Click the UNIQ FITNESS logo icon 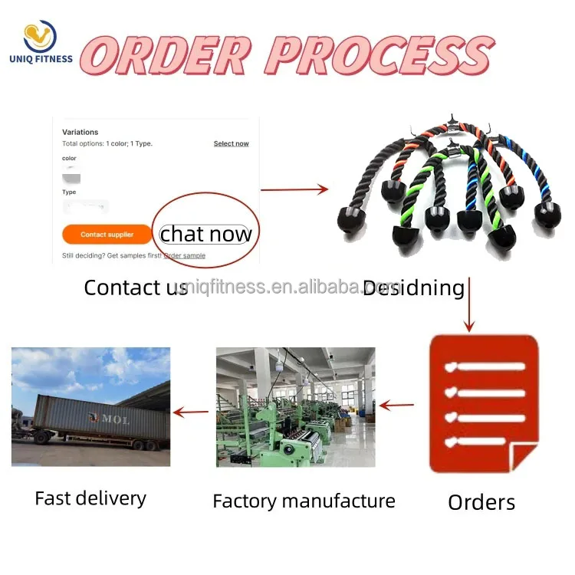pos(40,37)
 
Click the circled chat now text pos(205,234)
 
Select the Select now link pos(231,143)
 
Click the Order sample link pos(184,255)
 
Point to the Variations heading pos(80,132)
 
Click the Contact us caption pos(135,287)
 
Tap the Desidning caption pos(414,287)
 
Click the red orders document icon pos(483,402)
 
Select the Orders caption pos(481,502)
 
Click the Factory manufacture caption pos(304,501)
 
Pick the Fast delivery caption pos(90,498)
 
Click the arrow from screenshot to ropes pos(294,189)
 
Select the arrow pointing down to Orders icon pos(468,304)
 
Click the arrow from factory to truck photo pos(191,412)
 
